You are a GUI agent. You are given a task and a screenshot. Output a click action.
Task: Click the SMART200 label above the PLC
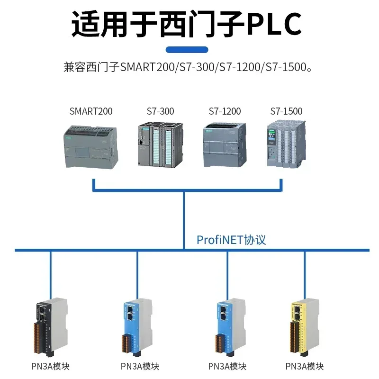tap(91, 112)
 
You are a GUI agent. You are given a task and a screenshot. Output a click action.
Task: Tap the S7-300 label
tap(160, 112)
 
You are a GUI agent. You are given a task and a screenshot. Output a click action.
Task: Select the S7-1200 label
tap(225, 112)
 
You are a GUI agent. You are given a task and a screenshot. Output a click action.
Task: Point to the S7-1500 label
tap(286, 112)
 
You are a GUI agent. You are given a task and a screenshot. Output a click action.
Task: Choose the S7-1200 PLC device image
tap(225, 144)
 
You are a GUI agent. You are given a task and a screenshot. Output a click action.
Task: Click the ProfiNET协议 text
tap(231, 240)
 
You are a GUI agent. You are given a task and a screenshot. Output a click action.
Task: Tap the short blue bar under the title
tap(187, 50)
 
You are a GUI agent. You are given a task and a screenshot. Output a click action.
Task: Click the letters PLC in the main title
tap(274, 24)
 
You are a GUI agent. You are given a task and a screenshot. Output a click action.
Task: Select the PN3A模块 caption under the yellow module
tap(305, 366)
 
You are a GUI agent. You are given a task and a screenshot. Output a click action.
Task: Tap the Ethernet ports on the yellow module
tap(298, 312)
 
